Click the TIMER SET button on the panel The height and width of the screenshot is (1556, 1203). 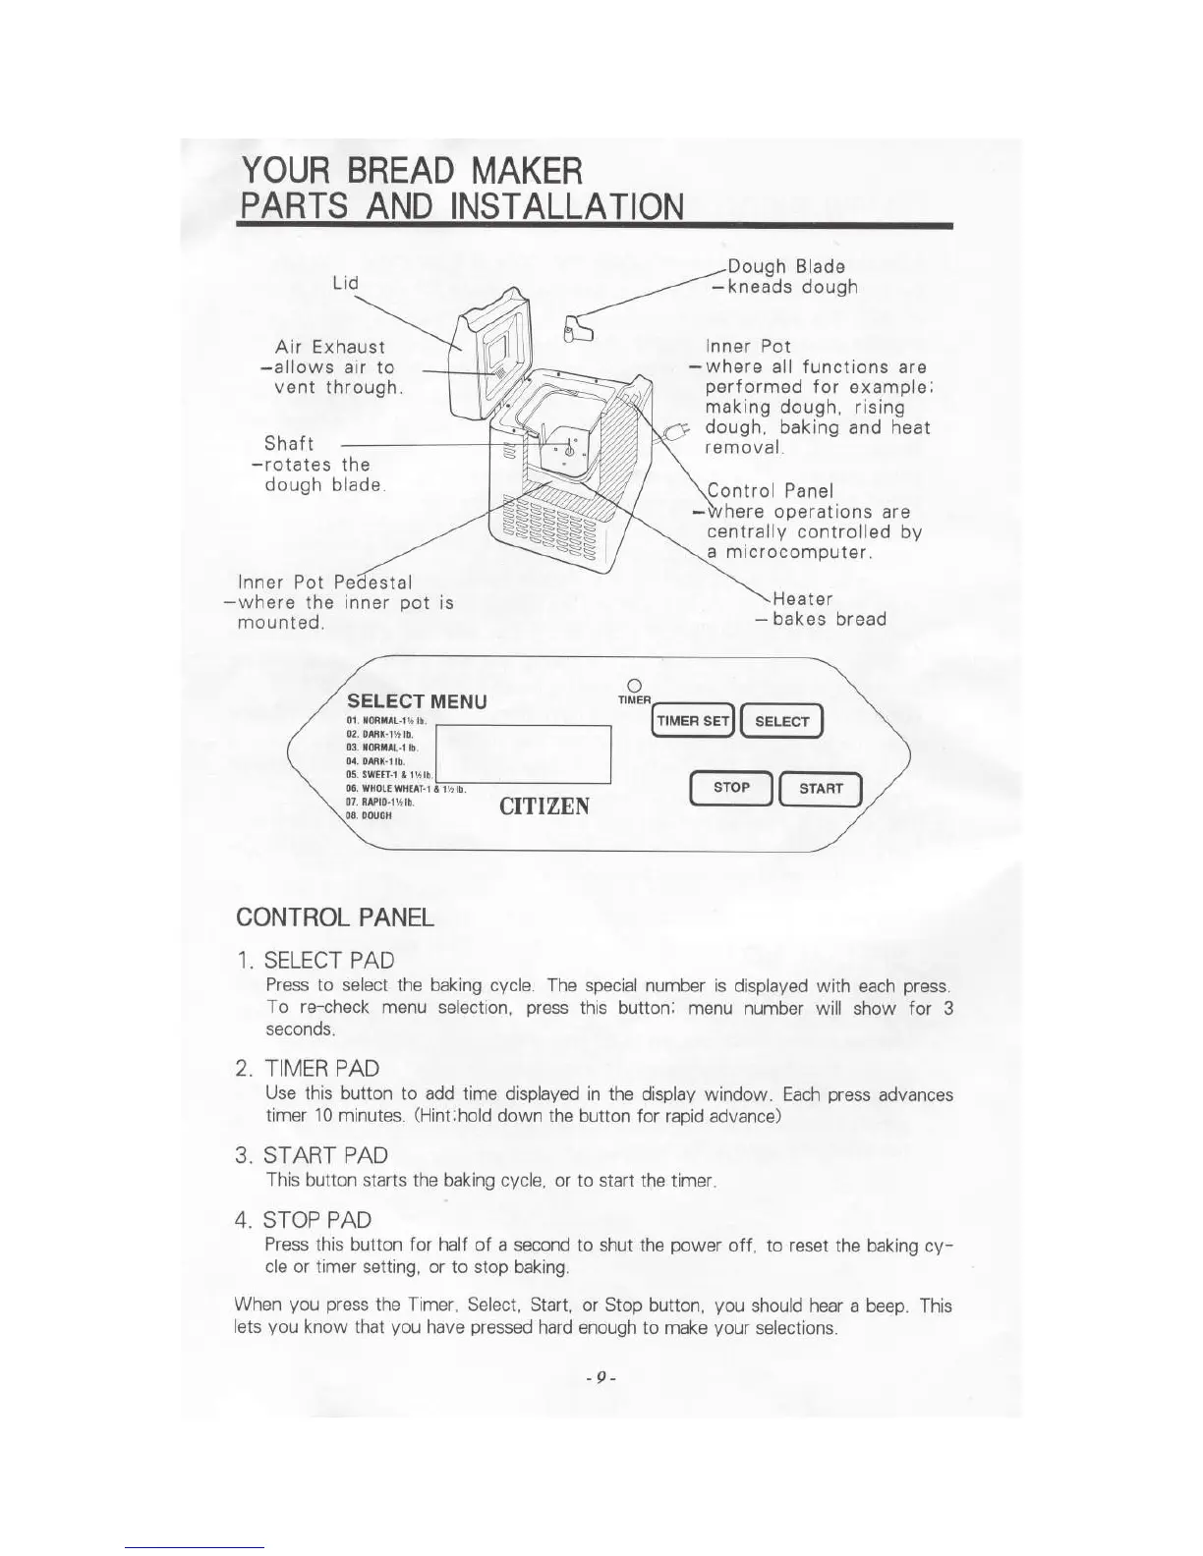[x=693, y=721]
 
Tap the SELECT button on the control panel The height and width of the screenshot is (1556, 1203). [x=782, y=721]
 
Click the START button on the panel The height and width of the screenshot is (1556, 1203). [x=821, y=788]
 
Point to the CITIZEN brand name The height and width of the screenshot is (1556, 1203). [x=544, y=806]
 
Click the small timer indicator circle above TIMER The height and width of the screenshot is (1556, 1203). [x=634, y=684]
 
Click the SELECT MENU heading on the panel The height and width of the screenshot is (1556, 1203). [x=417, y=701]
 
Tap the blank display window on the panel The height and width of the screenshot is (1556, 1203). [x=523, y=753]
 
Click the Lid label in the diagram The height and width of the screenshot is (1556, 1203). [x=345, y=283]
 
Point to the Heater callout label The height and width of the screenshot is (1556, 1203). [x=802, y=598]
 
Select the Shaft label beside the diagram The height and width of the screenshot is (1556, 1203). [x=289, y=444]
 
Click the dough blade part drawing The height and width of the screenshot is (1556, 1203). [x=581, y=326]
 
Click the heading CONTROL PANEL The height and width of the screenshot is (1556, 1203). [x=334, y=917]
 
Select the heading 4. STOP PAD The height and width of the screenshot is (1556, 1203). [x=303, y=1220]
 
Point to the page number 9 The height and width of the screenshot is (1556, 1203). [x=600, y=1378]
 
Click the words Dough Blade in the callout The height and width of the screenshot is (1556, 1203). [x=785, y=266]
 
